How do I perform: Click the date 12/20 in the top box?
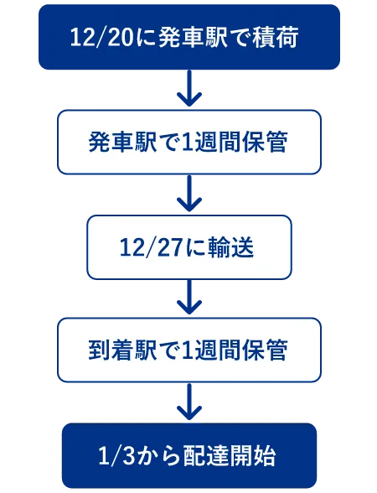102,38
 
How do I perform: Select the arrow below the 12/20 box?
189,88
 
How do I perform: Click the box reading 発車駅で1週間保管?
189,143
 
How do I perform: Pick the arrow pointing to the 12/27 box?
189,194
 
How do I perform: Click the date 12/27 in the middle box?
152,248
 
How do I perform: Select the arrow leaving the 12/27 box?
189,297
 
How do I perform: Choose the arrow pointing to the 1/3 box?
189,402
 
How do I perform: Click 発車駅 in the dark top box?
193,38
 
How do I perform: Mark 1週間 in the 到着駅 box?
212,350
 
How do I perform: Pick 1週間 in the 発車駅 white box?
212,143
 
